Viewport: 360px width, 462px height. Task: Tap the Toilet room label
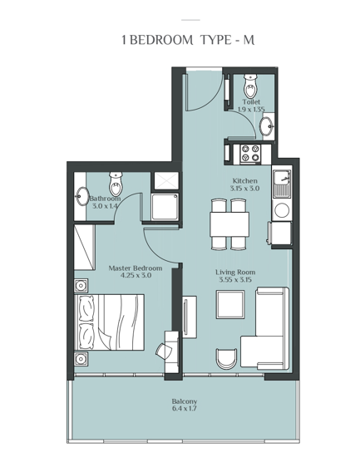pos(251,101)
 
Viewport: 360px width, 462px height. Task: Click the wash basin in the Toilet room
pos(266,126)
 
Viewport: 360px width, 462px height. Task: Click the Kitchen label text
pos(244,180)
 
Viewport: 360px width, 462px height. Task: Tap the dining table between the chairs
pos(229,224)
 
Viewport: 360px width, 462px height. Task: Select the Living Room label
pos(235,272)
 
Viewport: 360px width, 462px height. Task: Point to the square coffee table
pos(229,305)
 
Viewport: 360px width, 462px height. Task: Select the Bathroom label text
pos(106,199)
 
